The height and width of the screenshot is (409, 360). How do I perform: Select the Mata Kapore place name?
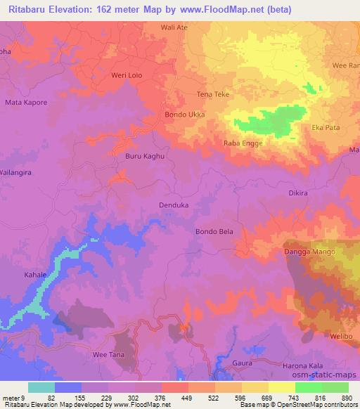26,103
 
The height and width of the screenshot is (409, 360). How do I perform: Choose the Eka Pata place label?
327,128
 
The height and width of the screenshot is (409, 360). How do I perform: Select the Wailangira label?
17,171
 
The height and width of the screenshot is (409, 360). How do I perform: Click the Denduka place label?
174,206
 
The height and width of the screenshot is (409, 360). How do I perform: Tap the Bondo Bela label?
213,231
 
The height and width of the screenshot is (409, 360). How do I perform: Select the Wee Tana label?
108,355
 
